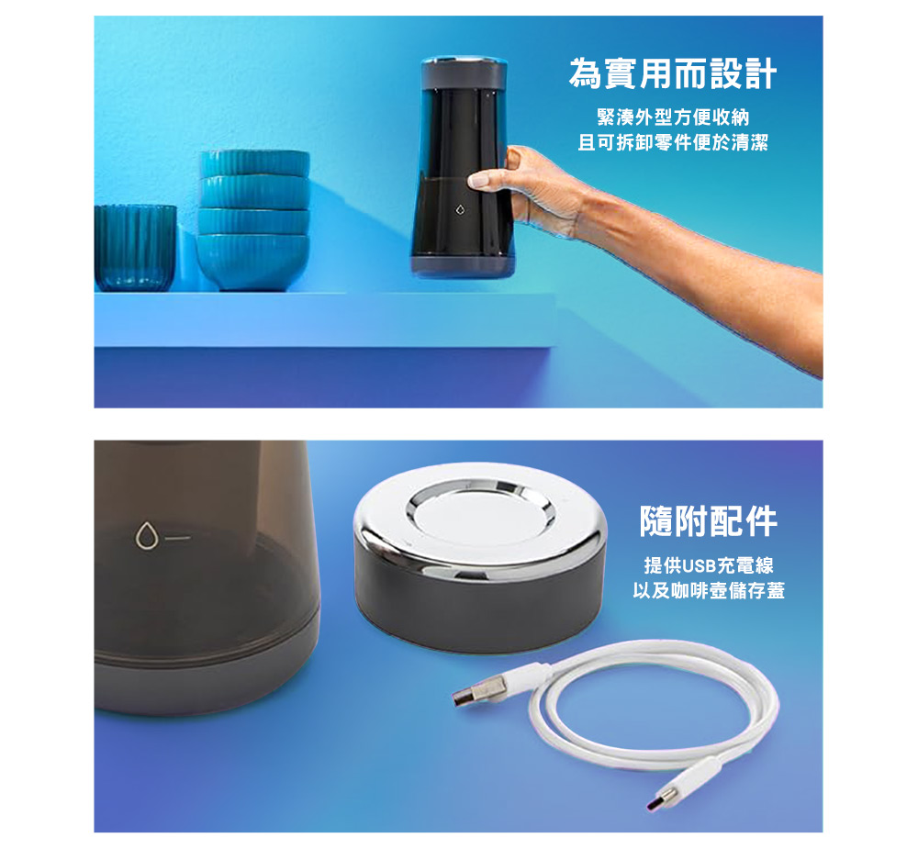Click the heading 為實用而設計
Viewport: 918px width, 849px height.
[672, 73]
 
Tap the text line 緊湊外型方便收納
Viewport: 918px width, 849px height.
[673, 117]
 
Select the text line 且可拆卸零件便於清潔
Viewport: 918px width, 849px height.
[673, 142]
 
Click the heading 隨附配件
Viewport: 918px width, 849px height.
[709, 521]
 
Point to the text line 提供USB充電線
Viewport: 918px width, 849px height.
[709, 565]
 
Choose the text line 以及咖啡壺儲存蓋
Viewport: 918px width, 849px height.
[709, 590]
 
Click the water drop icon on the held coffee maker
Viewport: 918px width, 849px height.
[461, 209]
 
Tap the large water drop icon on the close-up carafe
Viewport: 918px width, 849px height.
[146, 535]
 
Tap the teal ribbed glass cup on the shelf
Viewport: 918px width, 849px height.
[135, 248]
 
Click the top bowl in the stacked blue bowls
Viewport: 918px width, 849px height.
[254, 163]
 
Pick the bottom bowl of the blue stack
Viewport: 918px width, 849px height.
[252, 262]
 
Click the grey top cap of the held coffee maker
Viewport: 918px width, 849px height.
[464, 73]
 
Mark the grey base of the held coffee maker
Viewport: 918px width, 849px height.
[463, 266]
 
